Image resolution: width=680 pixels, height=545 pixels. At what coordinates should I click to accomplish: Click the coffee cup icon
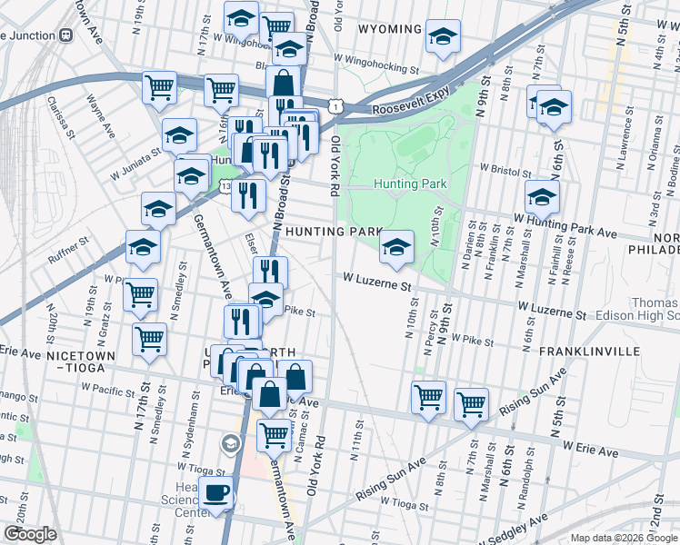215,494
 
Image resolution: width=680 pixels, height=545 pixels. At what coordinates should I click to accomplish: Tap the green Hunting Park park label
410,184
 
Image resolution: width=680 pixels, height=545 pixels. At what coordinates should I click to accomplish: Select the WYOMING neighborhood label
390,29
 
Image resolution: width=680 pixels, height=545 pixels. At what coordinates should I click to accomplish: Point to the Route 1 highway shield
337,107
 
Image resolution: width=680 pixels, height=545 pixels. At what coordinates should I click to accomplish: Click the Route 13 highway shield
225,186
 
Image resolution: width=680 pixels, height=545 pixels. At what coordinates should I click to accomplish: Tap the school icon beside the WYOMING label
442,37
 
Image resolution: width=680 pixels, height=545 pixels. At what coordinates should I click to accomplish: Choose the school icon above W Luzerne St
396,246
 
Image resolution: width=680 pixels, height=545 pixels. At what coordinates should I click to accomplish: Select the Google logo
29,534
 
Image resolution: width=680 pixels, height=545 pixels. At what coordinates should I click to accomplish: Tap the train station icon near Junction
65,35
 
